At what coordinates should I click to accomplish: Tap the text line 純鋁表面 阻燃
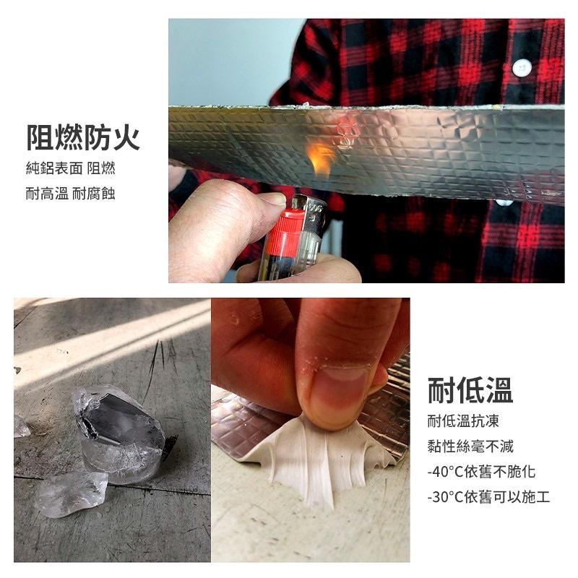click(70, 168)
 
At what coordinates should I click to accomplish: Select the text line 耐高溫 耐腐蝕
click(70, 193)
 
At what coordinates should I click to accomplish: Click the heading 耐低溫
click(470, 390)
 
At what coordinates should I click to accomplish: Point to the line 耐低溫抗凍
click(463, 421)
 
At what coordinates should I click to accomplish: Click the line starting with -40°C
click(481, 472)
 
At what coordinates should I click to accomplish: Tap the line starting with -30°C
click(488, 497)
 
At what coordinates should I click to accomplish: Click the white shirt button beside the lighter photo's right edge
click(521, 68)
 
